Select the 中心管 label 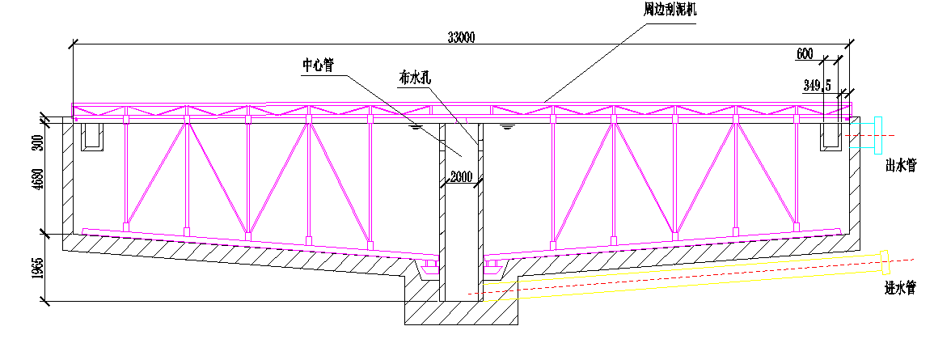(319, 65)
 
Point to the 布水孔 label (415, 78)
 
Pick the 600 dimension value (804, 53)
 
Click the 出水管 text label (900, 164)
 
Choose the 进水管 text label (900, 288)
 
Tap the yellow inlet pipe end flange (885, 261)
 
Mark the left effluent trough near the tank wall (92, 138)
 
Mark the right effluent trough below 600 (831, 138)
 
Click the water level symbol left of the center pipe (416, 128)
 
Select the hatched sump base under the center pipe (462, 312)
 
